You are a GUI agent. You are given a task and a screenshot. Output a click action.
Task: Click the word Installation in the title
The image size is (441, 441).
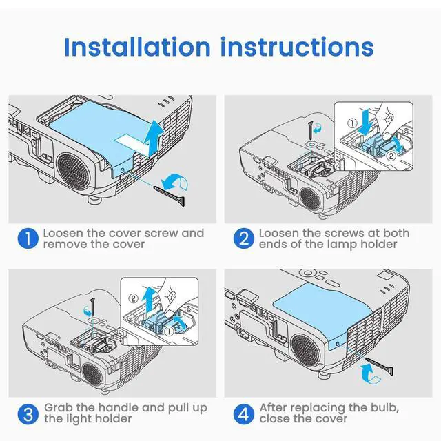137,47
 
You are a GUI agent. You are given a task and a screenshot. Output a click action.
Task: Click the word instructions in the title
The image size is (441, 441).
297,47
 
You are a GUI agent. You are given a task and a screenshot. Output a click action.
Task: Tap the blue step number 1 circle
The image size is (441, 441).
28,238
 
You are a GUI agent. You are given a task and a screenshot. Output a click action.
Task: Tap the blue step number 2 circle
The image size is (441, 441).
243,238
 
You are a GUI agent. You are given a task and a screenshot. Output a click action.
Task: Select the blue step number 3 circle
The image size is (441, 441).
28,414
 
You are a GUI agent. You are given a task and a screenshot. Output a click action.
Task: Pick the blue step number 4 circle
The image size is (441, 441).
243,414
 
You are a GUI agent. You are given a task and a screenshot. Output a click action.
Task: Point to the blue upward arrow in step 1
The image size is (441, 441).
154,138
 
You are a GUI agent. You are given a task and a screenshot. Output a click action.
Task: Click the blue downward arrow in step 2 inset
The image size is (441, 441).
366,123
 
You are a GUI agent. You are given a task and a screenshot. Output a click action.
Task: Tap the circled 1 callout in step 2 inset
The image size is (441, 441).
352,123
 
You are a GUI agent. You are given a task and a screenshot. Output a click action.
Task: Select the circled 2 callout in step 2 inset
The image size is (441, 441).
391,156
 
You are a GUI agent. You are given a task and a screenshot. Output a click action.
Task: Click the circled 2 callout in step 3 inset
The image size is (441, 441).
133,298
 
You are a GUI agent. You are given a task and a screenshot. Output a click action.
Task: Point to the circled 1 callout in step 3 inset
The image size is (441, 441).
169,331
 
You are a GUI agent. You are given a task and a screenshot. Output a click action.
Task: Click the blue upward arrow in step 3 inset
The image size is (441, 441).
148,300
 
